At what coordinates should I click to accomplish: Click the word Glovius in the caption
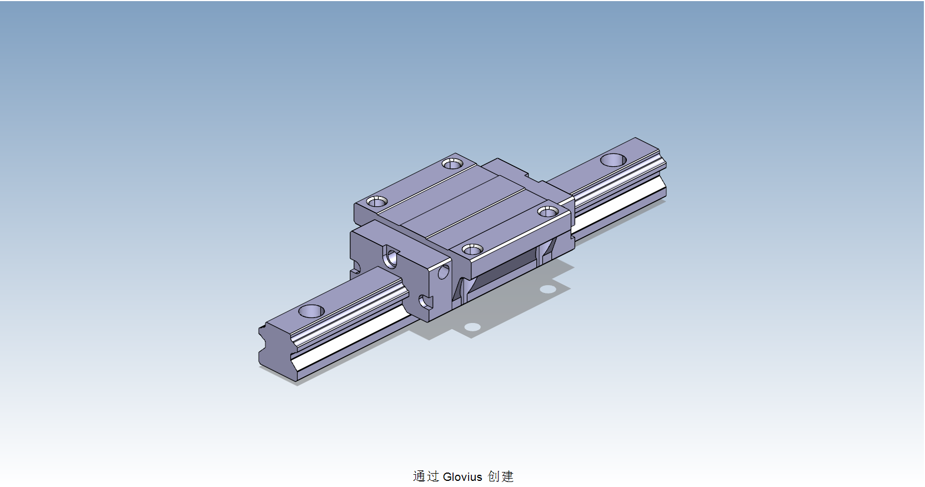(x=463, y=476)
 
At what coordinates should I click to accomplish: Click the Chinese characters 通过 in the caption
(x=426, y=476)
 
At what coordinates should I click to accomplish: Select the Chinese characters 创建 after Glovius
(x=501, y=476)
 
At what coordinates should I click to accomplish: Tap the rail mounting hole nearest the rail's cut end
(x=311, y=311)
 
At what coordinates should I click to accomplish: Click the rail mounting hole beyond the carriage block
(x=613, y=160)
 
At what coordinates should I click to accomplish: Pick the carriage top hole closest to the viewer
(x=472, y=250)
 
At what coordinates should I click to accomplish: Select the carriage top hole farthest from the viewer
(x=452, y=163)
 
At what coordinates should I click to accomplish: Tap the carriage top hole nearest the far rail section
(x=547, y=212)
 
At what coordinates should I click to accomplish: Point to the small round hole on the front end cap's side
(x=443, y=272)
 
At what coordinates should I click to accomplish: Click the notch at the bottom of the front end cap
(x=425, y=302)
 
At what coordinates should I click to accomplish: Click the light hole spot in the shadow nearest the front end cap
(x=472, y=327)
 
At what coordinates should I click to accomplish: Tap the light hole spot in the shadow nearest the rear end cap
(x=547, y=289)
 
